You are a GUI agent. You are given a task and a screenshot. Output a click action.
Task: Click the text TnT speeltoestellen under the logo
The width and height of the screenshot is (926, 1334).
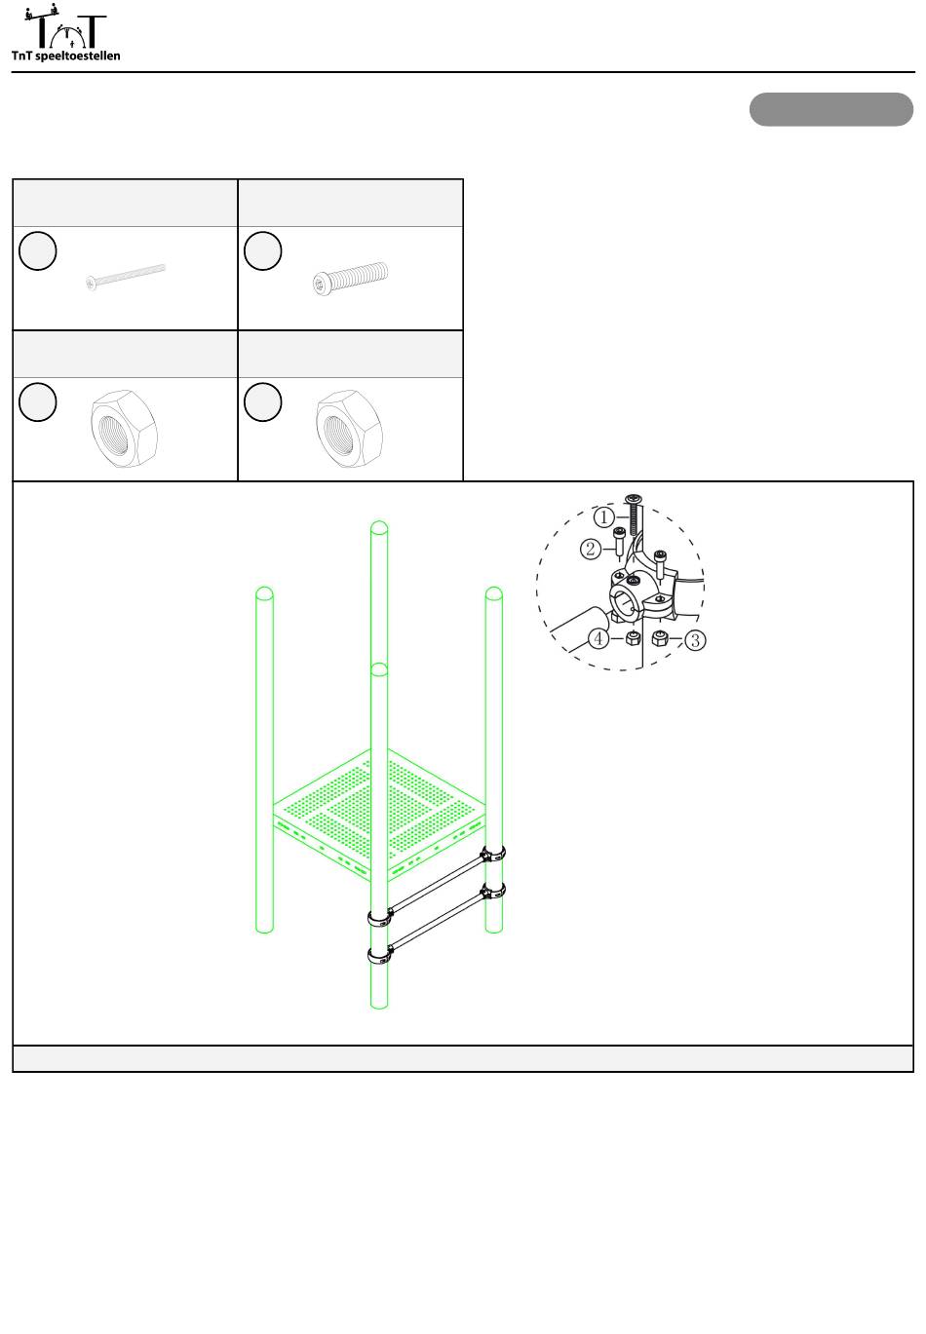pos(65,56)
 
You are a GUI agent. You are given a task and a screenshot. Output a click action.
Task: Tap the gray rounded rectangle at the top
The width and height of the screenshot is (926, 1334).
pos(830,109)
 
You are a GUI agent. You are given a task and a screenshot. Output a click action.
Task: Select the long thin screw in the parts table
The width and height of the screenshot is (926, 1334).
pos(125,277)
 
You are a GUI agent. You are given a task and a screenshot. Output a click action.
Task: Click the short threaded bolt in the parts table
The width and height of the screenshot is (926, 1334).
pos(350,278)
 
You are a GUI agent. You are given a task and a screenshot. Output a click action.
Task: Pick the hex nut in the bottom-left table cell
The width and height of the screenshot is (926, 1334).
pos(125,428)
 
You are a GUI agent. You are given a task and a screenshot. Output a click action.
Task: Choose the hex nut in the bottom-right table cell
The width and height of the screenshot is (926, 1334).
pos(350,428)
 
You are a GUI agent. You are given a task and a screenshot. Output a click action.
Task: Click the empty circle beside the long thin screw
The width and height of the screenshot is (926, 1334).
pos(38,250)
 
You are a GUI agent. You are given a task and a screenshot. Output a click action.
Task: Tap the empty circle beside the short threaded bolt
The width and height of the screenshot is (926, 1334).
pos(263,250)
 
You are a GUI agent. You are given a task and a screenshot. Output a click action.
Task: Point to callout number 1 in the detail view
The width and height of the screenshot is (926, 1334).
pos(603,516)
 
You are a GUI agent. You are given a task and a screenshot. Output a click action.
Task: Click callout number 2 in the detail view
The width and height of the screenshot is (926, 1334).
pos(591,549)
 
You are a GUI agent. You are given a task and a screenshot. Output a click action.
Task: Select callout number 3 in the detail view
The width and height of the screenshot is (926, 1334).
pos(695,641)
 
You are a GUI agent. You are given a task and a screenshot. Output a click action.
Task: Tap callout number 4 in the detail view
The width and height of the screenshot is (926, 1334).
pos(598,639)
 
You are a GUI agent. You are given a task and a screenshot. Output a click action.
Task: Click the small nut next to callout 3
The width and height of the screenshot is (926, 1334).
pos(659,638)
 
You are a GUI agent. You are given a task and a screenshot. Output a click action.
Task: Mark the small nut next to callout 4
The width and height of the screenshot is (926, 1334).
pos(633,639)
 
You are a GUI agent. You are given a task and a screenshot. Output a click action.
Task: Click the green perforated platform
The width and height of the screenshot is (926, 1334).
pos(379,815)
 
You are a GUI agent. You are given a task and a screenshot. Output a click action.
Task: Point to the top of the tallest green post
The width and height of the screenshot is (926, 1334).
pos(379,527)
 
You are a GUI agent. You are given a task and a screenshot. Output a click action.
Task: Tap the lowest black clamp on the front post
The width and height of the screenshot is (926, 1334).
pos(378,955)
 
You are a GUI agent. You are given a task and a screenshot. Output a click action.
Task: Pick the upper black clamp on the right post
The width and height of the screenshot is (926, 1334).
pos(493,854)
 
